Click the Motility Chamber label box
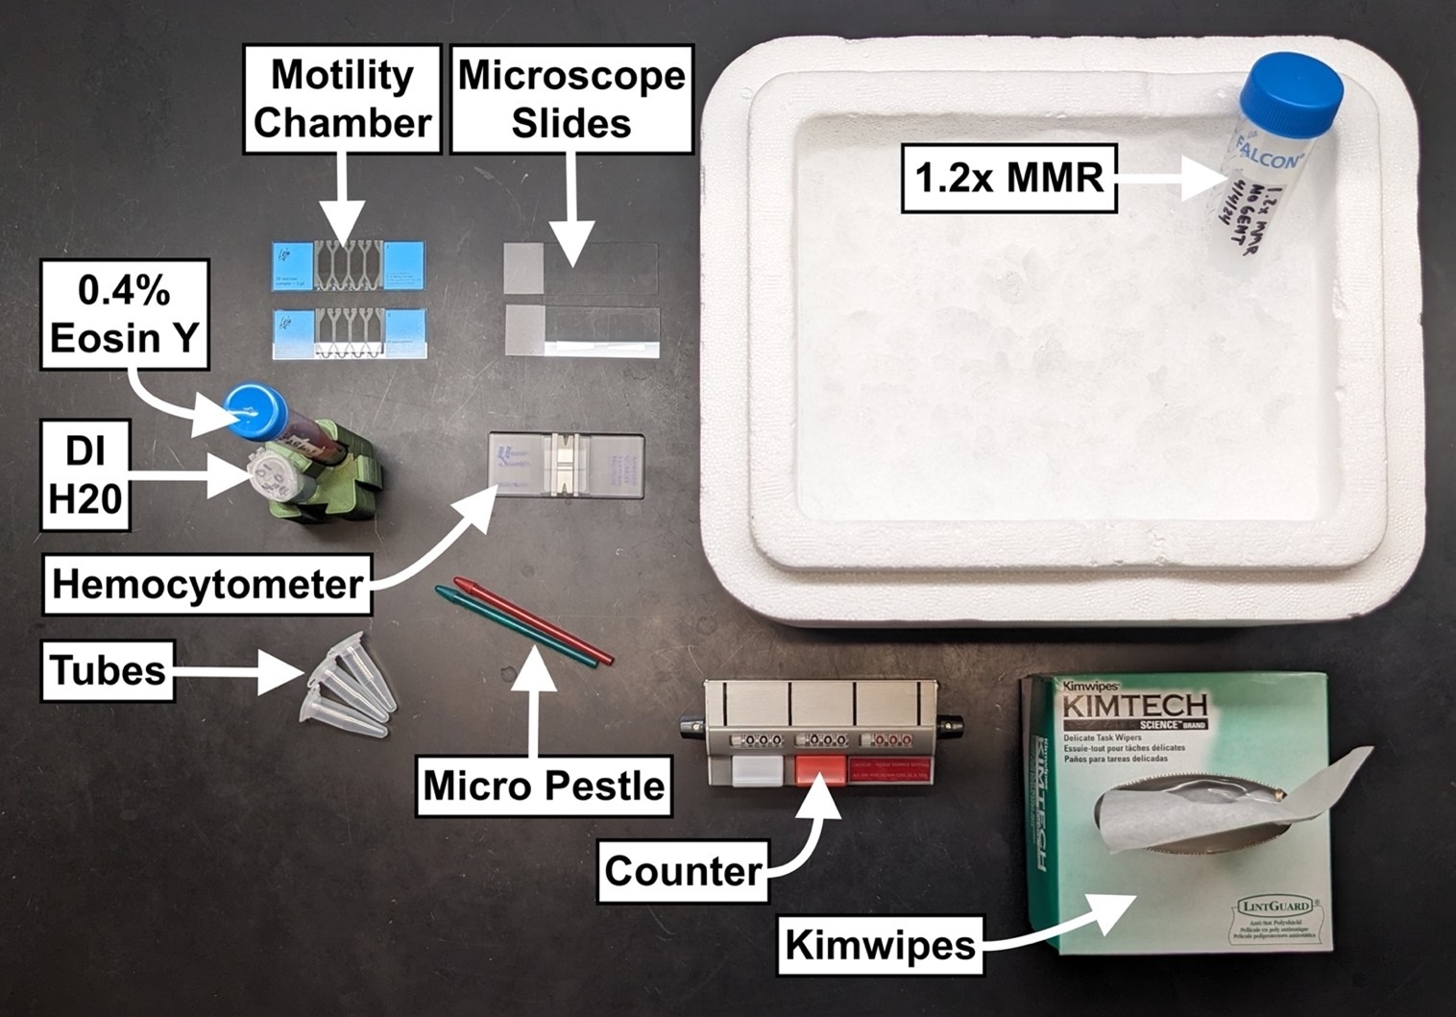pos(343,99)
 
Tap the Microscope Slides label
pos(571,99)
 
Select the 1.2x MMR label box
pos(1009,177)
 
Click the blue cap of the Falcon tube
pos(1291,87)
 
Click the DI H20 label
pos(85,475)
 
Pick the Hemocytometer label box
pos(207,583)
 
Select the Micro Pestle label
pos(544,786)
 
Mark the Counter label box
pos(682,871)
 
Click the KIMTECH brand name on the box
pos(1133,708)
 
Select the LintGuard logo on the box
pos(1271,906)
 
